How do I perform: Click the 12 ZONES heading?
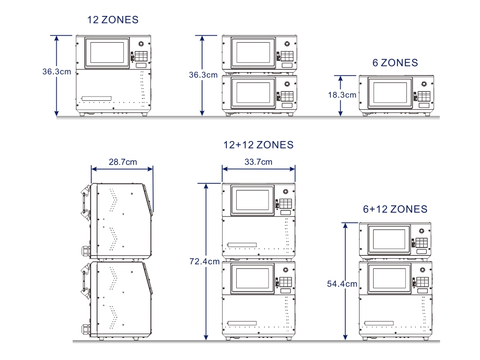pos(113,20)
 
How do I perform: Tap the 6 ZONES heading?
pos(395,63)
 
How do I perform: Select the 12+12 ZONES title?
pos(258,145)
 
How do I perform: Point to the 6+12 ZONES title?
pos(395,209)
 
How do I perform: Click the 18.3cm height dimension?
pos(342,95)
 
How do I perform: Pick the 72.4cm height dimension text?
pos(204,262)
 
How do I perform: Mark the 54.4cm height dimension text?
pos(342,284)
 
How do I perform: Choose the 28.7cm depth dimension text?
pos(123,162)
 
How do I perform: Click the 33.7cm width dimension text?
pos(258,162)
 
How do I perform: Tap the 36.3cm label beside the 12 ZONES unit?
pos(57,72)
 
